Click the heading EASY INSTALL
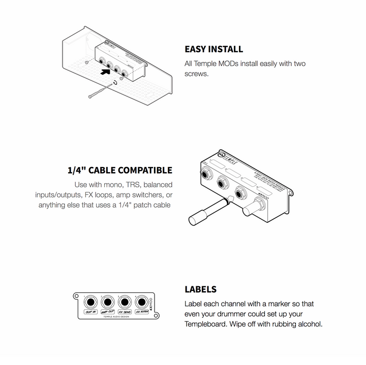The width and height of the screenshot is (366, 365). (213, 49)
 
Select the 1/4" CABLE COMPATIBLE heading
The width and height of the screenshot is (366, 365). (119, 170)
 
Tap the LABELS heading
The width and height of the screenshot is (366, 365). (200, 289)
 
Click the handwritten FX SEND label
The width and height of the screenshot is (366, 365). (124, 312)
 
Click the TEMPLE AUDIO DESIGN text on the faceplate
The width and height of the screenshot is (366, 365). (116, 317)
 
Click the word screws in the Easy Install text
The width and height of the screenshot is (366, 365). (196, 74)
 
